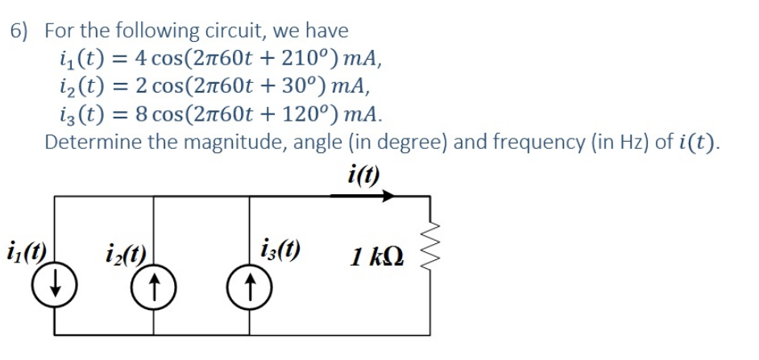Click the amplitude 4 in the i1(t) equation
[142, 58]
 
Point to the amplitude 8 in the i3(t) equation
[142, 112]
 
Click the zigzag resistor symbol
[429, 241]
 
